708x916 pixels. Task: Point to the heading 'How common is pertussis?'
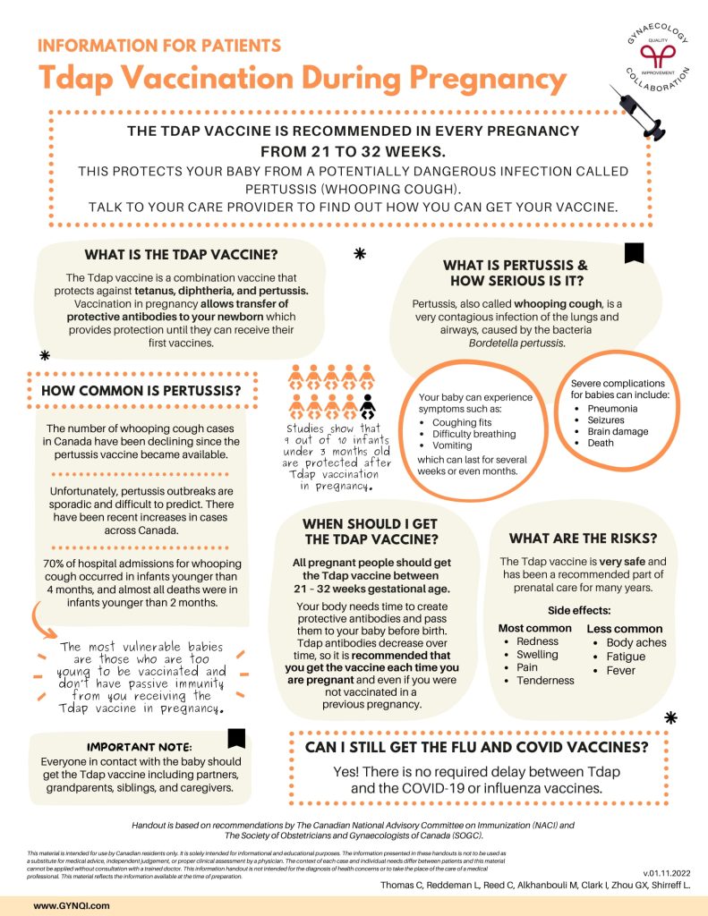tap(141, 390)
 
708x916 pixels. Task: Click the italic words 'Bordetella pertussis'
tap(516, 343)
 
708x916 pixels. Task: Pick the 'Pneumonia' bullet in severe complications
tap(613, 409)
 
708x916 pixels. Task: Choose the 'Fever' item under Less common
tap(620, 670)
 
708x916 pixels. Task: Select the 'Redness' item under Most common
tap(537, 641)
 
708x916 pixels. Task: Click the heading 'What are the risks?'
tap(583, 539)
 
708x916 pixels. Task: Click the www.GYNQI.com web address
tap(72, 905)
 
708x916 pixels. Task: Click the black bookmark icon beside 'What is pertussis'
tap(634, 254)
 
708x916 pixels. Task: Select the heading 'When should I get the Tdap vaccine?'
tap(370, 531)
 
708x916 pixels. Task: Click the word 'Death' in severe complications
tap(601, 443)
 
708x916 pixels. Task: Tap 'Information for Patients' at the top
tap(159, 46)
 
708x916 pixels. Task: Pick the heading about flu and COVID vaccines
tap(476, 746)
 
